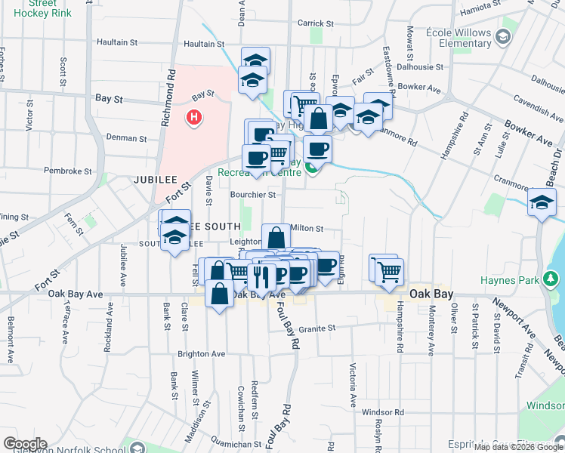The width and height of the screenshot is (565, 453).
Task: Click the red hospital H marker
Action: coord(194,118)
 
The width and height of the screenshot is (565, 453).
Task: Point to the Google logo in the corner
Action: coord(24,444)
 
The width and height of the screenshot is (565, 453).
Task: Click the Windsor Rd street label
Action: coord(383,412)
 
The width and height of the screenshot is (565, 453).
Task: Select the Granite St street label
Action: coord(316,328)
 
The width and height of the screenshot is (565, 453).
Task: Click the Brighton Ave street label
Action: coord(202,353)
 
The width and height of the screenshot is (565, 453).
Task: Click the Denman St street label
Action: coord(126,138)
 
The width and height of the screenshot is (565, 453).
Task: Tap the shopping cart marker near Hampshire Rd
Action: coord(389,271)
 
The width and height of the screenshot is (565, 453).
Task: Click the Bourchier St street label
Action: coord(253,194)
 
